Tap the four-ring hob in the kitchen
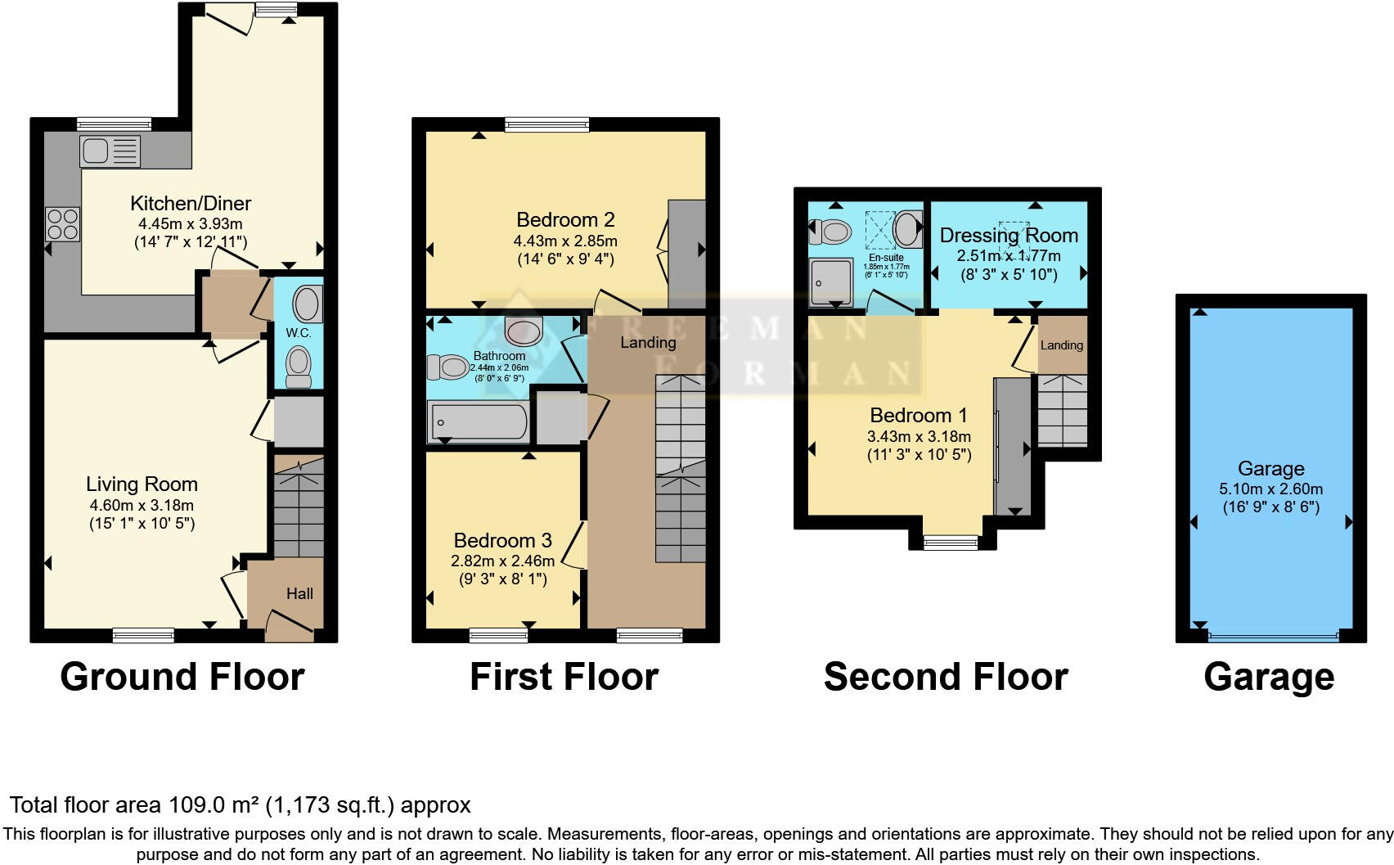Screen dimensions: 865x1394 [63, 224]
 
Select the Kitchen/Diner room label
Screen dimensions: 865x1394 [191, 204]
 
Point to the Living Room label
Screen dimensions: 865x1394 [142, 484]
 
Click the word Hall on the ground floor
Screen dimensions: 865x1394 [299, 594]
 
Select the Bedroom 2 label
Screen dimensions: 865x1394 [565, 220]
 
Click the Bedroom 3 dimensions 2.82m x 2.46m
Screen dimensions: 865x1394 [502, 561]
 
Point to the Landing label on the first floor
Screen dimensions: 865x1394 [648, 343]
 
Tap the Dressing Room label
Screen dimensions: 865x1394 [1009, 236]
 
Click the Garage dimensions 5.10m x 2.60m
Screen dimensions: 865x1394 [1270, 489]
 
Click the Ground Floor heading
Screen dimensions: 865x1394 [182, 678]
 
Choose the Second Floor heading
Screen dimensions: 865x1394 [946, 678]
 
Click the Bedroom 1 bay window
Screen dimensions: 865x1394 [951, 542]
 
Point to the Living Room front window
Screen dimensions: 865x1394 [143, 635]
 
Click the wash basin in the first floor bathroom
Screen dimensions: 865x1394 [524, 331]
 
